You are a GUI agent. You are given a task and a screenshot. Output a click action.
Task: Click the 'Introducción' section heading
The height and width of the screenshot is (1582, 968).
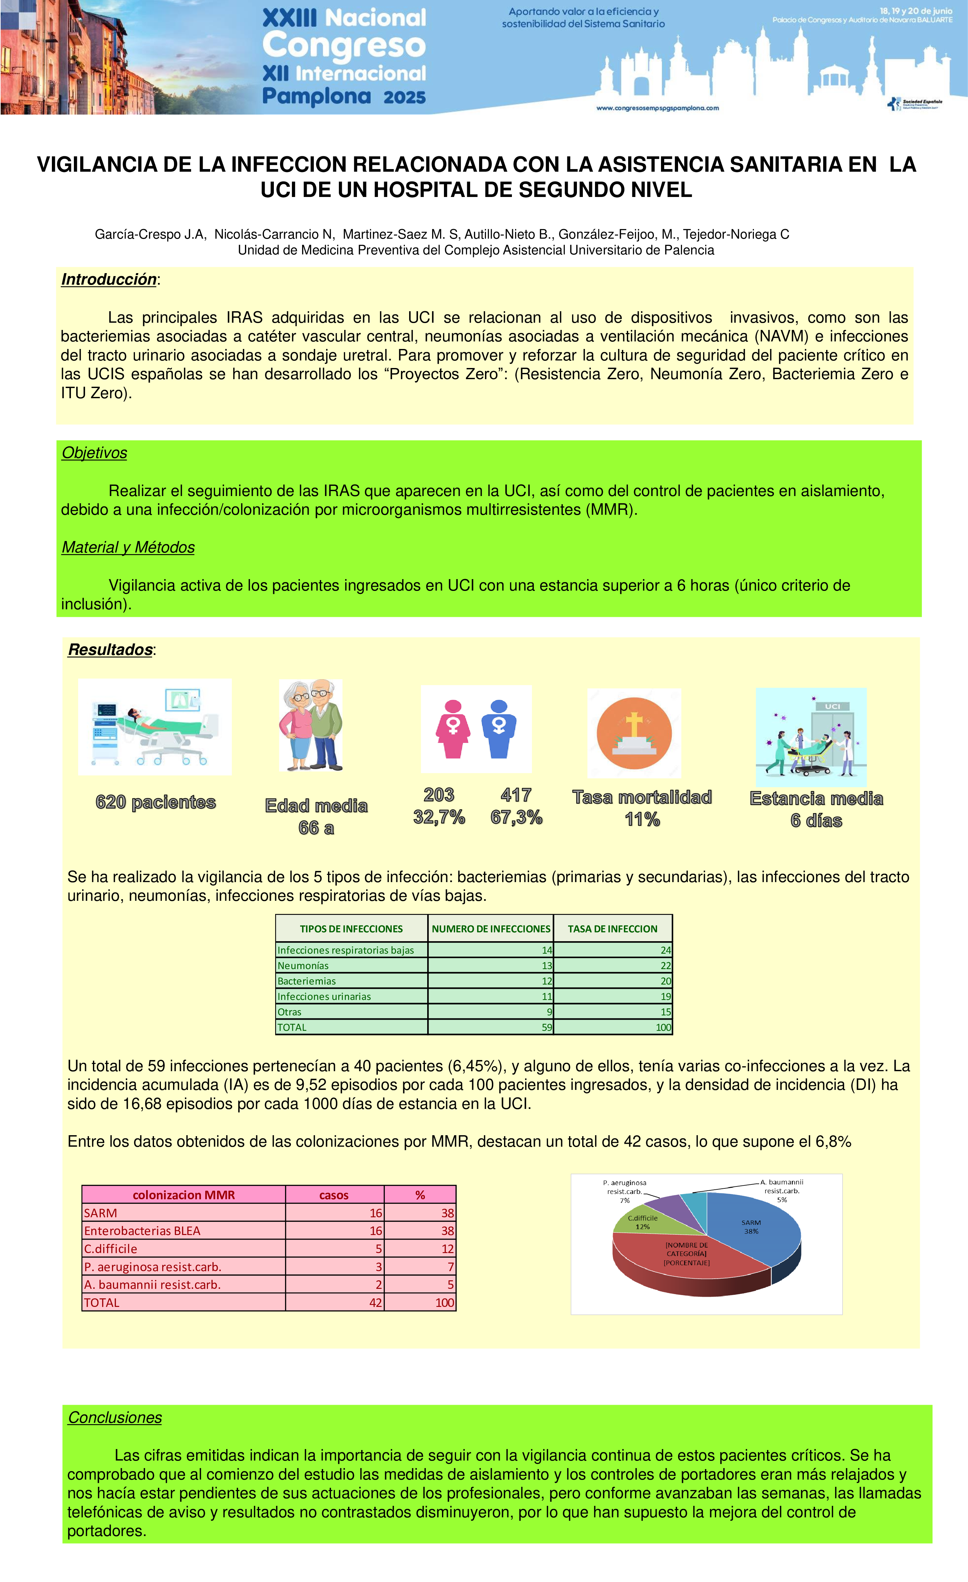pyautogui.click(x=109, y=280)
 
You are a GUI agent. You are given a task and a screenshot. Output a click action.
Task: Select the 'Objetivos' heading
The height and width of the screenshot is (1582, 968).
pyautogui.click(x=95, y=453)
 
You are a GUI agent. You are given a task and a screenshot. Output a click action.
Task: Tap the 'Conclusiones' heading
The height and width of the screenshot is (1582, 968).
pyautogui.click(x=115, y=1418)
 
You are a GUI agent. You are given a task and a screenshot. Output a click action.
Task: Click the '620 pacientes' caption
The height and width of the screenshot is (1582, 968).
pyautogui.click(x=155, y=803)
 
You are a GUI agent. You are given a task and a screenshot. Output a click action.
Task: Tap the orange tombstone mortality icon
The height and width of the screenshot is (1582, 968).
pyautogui.click(x=634, y=733)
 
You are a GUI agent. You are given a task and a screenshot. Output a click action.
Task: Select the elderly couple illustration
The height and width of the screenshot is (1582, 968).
pyautogui.click(x=311, y=726)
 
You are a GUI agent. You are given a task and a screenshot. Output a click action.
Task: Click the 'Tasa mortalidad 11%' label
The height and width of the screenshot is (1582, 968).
pyautogui.click(x=642, y=808)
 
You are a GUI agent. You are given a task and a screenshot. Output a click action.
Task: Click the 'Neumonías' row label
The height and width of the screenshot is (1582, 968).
pyautogui.click(x=303, y=965)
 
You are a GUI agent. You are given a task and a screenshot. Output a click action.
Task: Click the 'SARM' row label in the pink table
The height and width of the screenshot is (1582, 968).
pyautogui.click(x=101, y=1213)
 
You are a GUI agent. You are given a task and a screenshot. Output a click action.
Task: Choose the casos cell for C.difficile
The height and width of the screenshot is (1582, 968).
pyautogui.click(x=335, y=1249)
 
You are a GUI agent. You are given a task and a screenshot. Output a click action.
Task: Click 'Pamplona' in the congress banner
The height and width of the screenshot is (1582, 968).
pyautogui.click(x=317, y=96)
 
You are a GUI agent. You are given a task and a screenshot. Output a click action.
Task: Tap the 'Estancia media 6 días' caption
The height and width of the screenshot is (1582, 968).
pyautogui.click(x=816, y=810)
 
